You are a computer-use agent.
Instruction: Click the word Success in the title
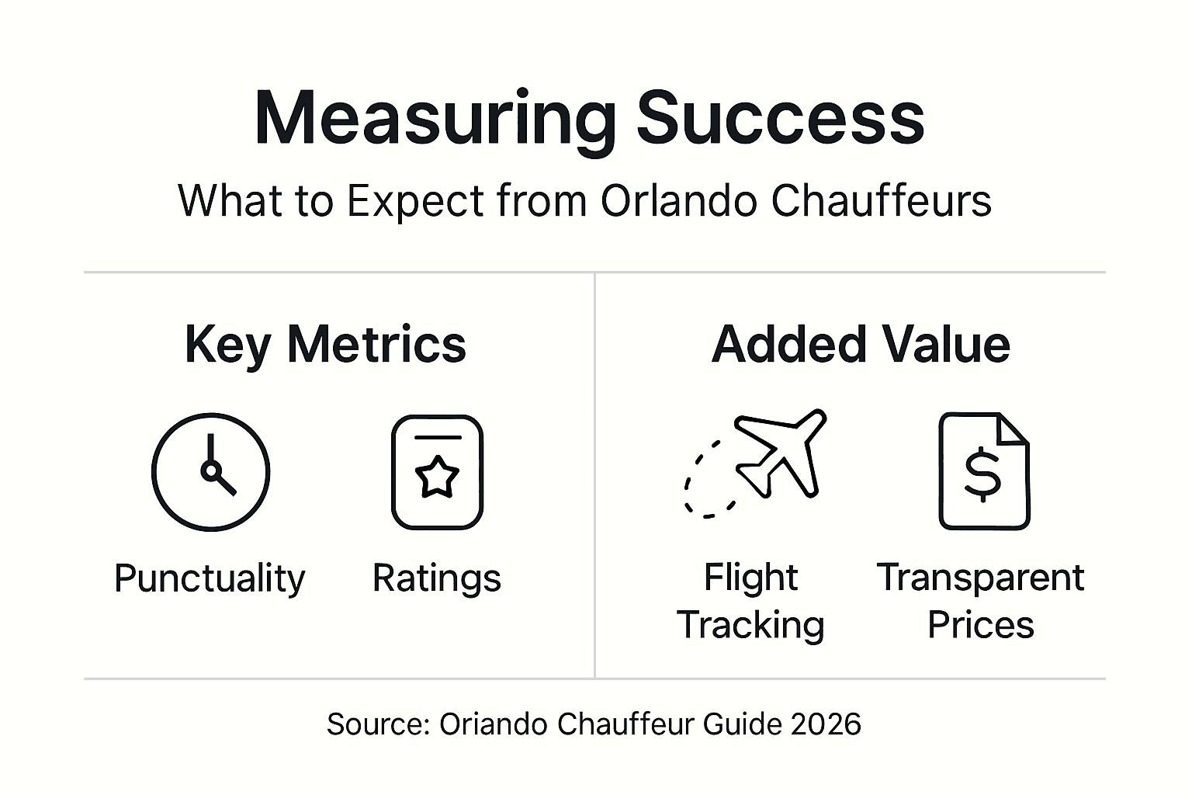(781, 118)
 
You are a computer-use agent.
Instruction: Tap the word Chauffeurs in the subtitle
(881, 200)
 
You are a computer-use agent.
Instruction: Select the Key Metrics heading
(325, 344)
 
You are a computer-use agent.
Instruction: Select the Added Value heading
(861, 344)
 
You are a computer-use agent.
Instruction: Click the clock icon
(210, 471)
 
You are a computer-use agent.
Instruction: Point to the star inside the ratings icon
(437, 476)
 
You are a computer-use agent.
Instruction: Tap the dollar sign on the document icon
(982, 474)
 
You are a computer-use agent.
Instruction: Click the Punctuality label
(210, 578)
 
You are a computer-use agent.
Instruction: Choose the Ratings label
(437, 578)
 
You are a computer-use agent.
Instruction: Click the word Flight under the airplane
(750, 578)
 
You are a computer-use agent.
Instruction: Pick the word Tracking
(750, 625)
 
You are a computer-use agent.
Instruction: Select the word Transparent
(980, 578)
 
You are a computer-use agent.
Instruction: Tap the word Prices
(981, 625)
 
